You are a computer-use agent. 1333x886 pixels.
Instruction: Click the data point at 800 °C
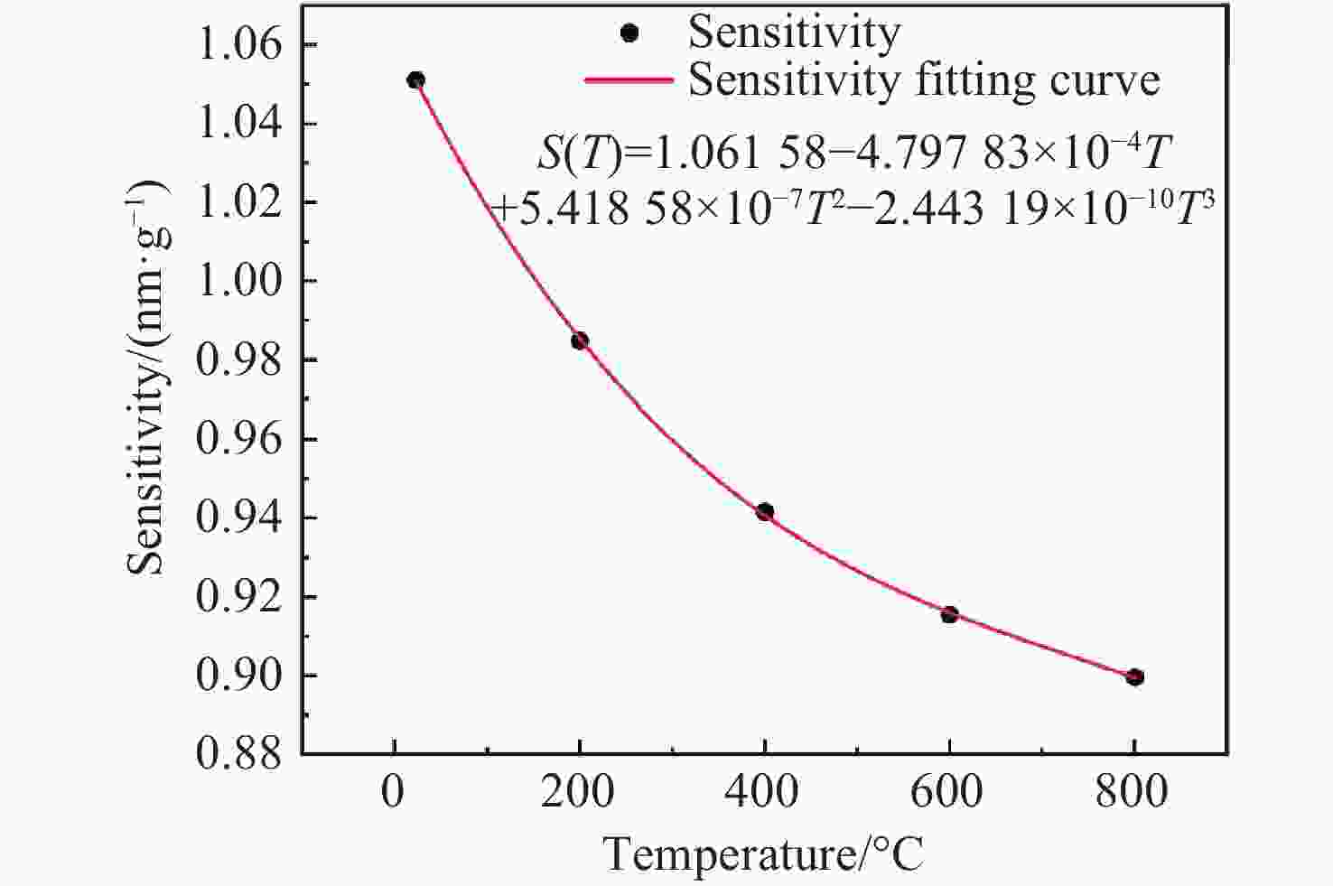(1135, 676)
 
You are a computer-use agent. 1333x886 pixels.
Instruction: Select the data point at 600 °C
(949, 614)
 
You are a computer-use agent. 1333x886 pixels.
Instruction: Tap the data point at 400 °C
(765, 512)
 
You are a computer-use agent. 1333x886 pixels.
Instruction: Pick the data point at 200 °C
(580, 340)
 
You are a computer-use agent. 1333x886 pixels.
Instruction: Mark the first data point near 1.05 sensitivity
(415, 80)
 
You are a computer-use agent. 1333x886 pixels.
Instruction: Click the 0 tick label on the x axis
(393, 793)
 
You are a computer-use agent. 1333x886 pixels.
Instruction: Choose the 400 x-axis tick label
(763, 793)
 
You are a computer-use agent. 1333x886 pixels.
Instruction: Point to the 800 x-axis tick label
(1133, 793)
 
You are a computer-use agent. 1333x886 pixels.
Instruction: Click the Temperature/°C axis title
(764, 854)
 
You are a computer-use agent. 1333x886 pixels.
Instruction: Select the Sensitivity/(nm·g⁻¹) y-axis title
(147, 378)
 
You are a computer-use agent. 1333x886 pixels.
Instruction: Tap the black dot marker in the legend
(630, 33)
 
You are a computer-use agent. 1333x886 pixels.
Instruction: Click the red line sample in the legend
(629, 79)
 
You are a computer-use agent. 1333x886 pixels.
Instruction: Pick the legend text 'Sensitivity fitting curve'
(924, 79)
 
